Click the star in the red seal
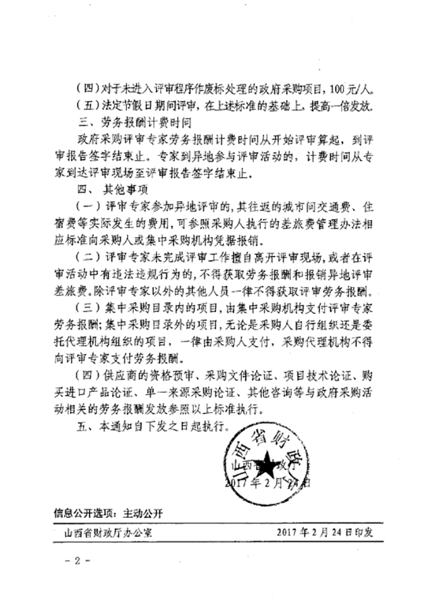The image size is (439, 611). pyautogui.click(x=263, y=465)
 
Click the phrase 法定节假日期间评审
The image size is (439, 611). pyautogui.click(x=146, y=106)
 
